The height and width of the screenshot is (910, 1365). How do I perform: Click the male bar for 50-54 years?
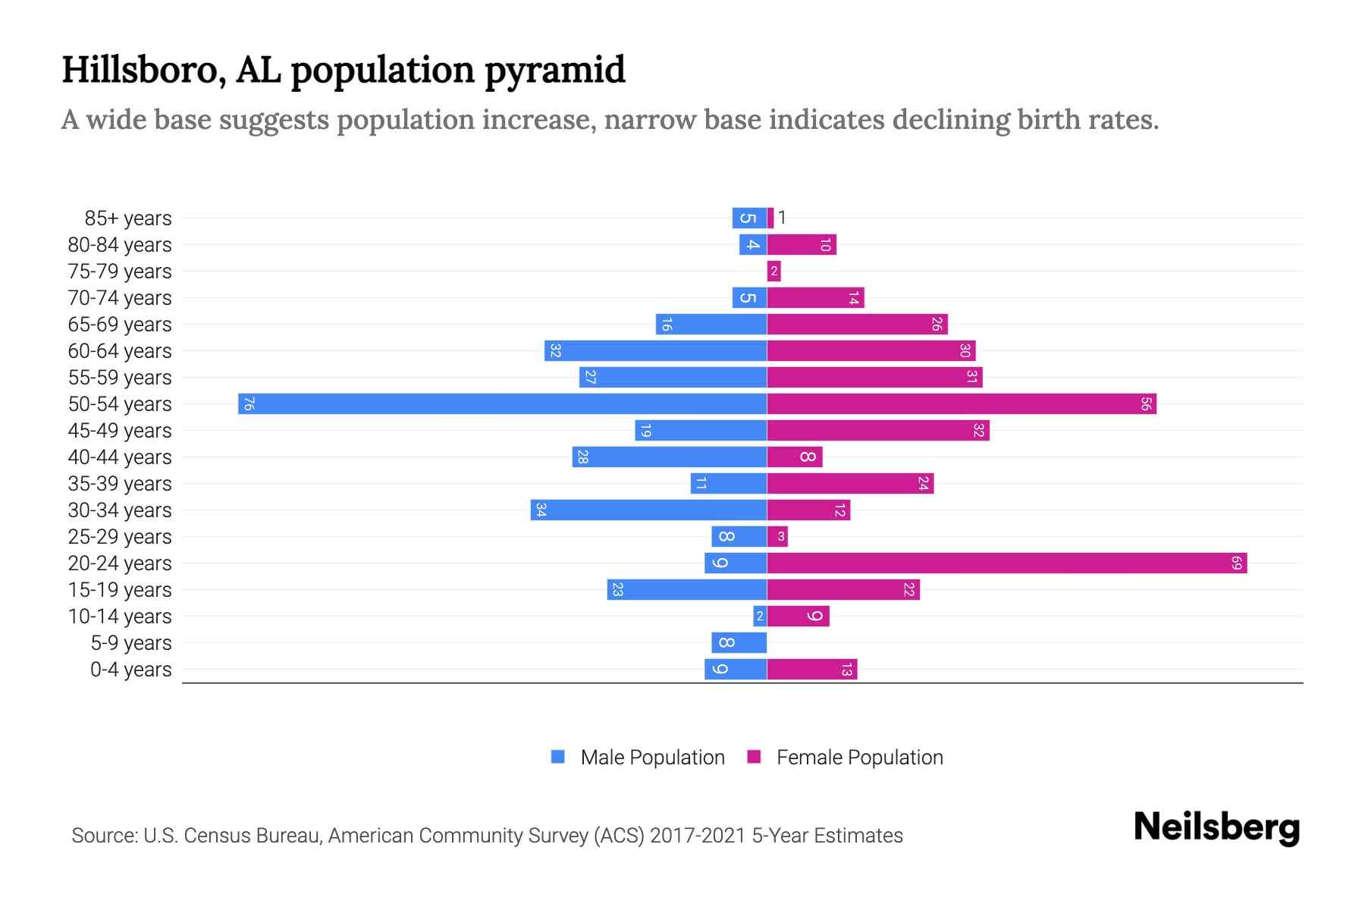[502, 403]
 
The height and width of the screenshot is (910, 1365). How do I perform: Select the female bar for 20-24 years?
[1007, 563]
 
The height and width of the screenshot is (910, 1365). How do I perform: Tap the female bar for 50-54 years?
[962, 403]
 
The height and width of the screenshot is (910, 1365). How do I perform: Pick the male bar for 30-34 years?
[648, 510]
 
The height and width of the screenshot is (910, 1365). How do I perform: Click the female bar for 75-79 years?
[773, 271]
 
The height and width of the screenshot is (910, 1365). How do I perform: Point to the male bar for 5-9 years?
[739, 642]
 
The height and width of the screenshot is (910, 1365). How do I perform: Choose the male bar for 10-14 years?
[760, 616]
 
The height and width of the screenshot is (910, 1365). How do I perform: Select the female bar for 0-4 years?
[812, 669]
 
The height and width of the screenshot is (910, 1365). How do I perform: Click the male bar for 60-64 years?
[655, 350]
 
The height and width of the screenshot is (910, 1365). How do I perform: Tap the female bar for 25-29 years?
[777, 536]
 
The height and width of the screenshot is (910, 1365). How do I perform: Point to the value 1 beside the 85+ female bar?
[782, 218]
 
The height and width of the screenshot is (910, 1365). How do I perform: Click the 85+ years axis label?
[127, 218]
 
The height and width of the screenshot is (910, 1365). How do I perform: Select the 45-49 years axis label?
[120, 431]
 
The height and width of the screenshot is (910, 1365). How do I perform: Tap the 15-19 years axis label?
[120, 590]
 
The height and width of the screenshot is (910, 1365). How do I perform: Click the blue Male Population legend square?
[558, 757]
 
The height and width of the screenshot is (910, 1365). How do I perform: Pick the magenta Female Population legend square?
[754, 757]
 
